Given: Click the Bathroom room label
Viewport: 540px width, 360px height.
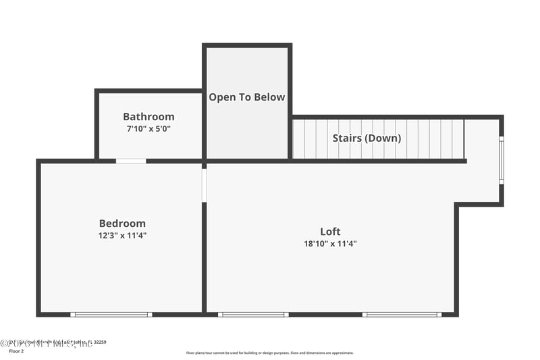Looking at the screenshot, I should [148, 117].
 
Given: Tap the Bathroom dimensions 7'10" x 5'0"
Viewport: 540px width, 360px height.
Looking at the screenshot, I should [148, 128].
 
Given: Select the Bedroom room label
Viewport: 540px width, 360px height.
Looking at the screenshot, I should [122, 224].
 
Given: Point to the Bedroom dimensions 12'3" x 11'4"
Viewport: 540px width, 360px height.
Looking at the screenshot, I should [122, 236].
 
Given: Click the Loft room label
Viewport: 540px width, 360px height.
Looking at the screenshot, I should [330, 232].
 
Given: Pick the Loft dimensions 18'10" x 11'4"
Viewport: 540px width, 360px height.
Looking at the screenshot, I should [330, 244].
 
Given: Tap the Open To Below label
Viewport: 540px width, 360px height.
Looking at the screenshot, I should [247, 97].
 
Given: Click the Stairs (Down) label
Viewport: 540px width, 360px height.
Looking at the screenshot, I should [367, 138].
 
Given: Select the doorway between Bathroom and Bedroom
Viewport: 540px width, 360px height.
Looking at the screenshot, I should [131, 161].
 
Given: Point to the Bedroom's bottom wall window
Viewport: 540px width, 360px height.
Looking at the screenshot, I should [111, 314].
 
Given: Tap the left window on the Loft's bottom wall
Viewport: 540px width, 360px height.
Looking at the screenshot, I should [253, 314].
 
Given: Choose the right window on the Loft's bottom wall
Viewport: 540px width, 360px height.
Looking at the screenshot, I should [402, 314].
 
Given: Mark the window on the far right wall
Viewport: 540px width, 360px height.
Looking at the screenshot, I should [501, 160].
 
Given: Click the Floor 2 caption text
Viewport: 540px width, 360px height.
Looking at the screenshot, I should [16, 351].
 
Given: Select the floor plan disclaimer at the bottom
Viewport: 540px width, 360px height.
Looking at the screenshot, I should [270, 353].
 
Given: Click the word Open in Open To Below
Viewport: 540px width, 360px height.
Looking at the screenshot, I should [221, 97].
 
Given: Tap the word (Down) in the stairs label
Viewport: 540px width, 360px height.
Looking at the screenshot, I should [383, 138].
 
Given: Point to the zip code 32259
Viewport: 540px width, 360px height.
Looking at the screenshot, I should [99, 342].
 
